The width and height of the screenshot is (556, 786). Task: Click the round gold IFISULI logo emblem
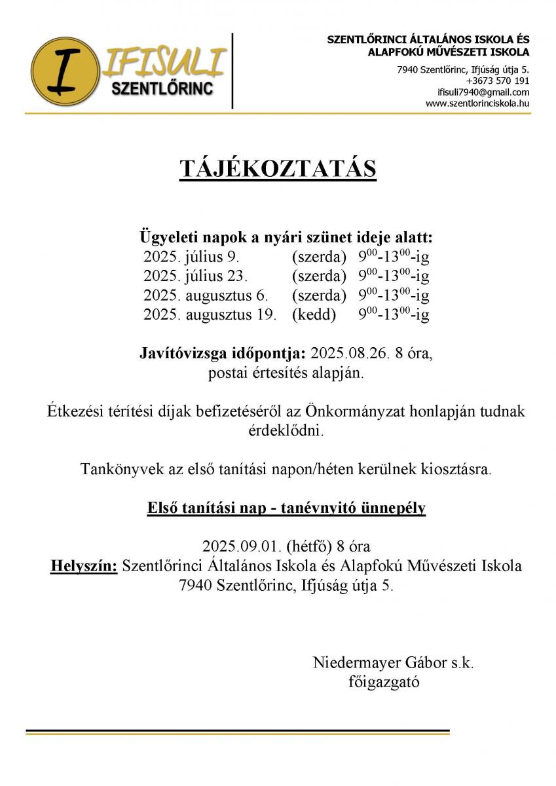click(64, 71)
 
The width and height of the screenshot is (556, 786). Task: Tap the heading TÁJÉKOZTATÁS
click(278, 168)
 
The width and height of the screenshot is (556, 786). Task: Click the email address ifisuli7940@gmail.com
click(483, 92)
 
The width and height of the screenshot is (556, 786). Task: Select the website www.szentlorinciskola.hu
click(477, 103)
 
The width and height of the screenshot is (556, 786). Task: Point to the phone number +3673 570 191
click(498, 81)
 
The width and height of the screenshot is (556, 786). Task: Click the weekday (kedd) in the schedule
click(314, 315)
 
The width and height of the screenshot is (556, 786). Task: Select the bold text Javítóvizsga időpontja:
click(223, 354)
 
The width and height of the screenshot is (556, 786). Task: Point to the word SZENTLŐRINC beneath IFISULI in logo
click(163, 89)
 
